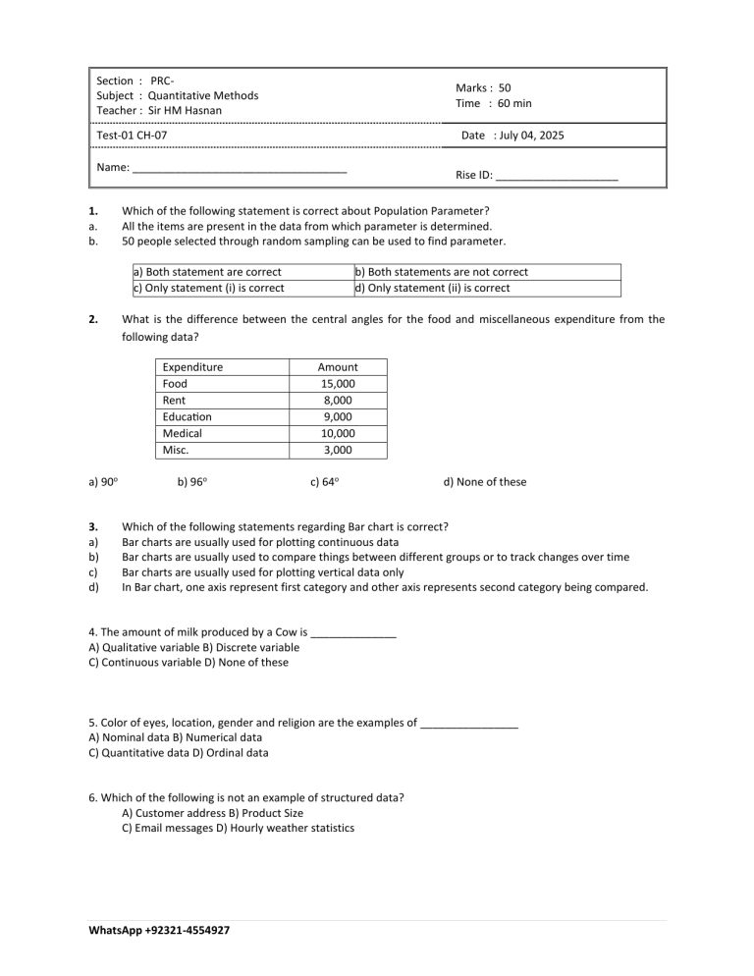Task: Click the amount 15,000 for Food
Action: pyautogui.click(x=338, y=384)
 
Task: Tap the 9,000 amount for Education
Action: pyautogui.click(x=338, y=417)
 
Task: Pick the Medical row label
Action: pyautogui.click(x=182, y=433)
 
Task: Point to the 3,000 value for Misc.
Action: pyautogui.click(x=338, y=450)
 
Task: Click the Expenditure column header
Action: pyautogui.click(x=192, y=367)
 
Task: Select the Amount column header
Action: pyautogui.click(x=338, y=367)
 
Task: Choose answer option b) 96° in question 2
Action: pyautogui.click(x=193, y=481)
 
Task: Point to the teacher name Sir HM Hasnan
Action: pyautogui.click(x=185, y=110)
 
